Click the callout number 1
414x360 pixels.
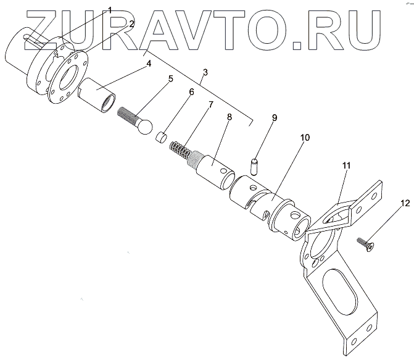tap(110, 10)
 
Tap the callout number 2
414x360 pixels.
tap(130, 24)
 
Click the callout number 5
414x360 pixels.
tap(171, 79)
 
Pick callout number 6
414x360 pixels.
tap(192, 93)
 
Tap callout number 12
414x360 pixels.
tap(404, 203)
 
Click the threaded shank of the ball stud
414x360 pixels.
tap(126, 115)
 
